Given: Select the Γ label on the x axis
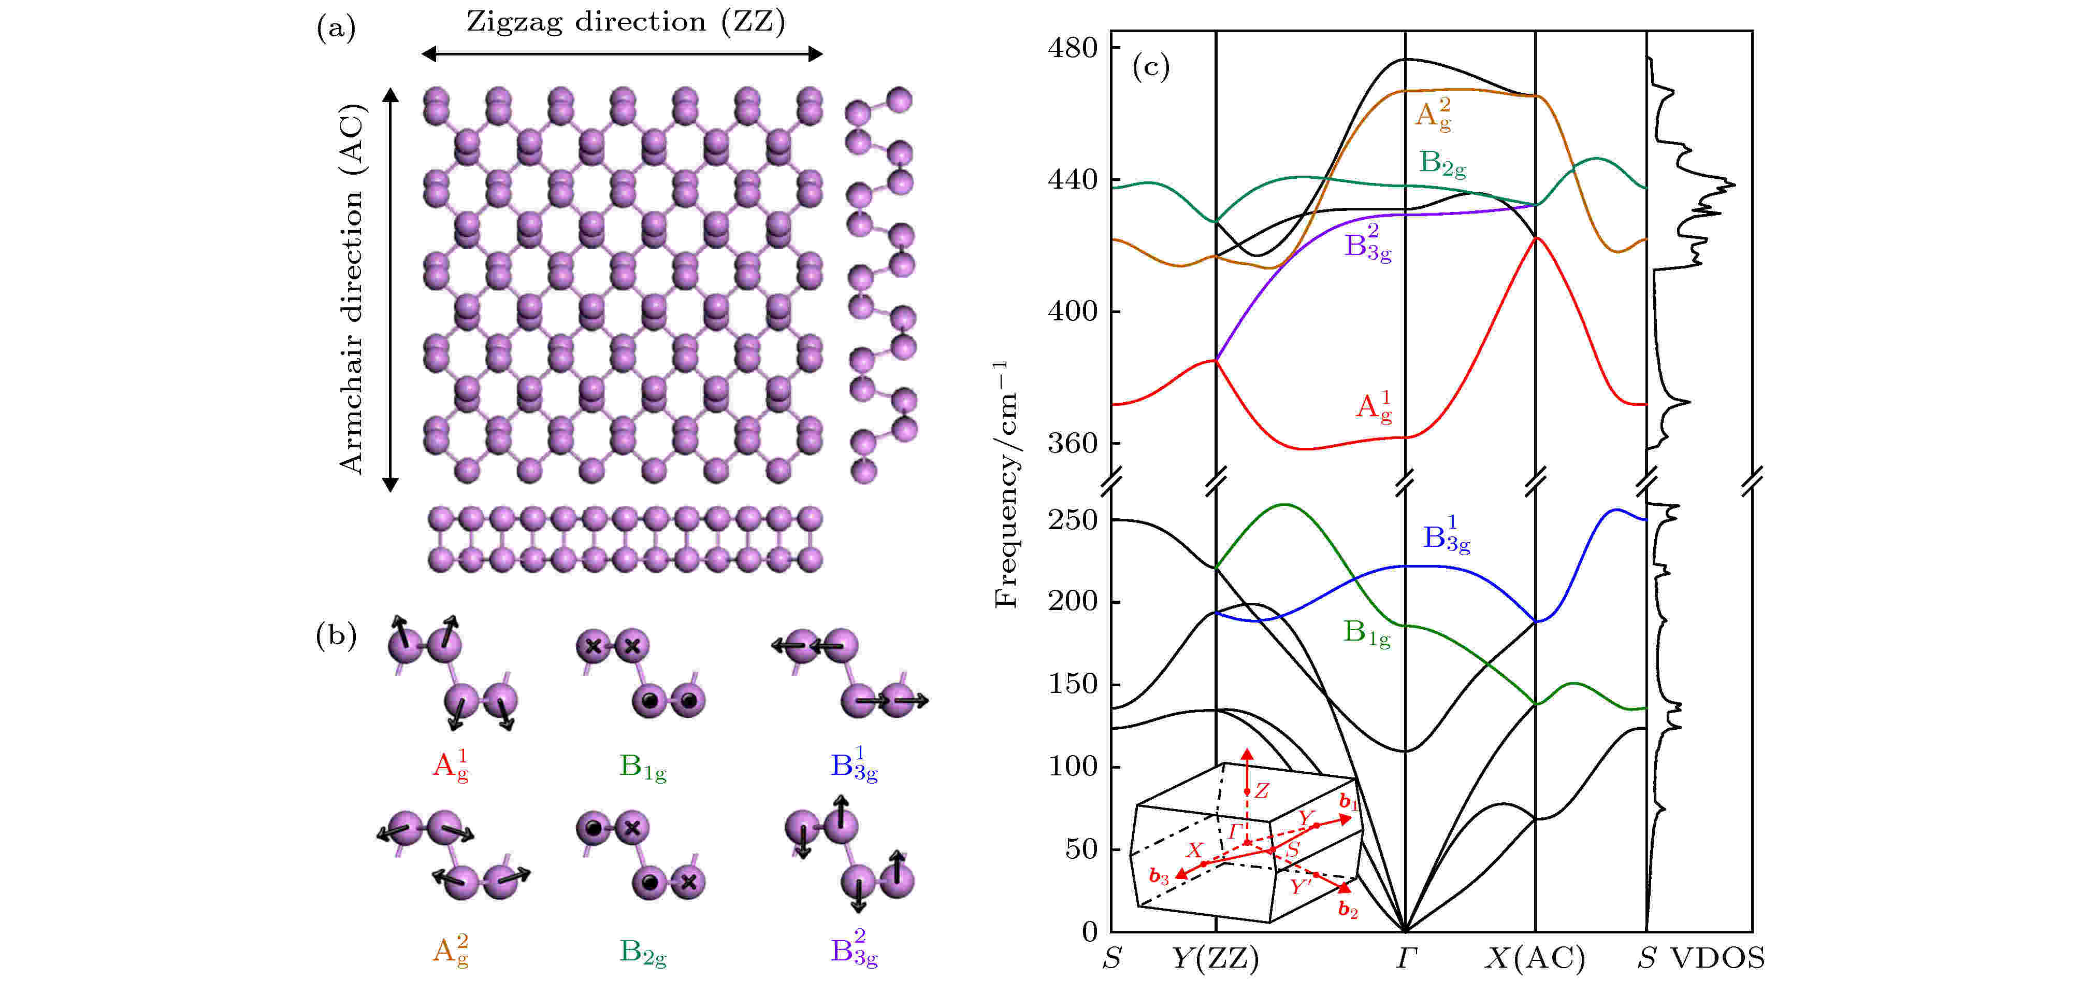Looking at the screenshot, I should click(1406, 958).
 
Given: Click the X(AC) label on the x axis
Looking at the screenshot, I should click(1536, 958).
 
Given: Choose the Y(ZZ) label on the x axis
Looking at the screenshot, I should click(1215, 958).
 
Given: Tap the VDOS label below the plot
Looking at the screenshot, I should click(1717, 958).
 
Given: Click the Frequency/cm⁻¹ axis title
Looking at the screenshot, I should click(1005, 485).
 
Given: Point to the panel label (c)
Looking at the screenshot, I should click(1151, 66).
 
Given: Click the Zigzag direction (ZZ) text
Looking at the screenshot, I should click(626, 22).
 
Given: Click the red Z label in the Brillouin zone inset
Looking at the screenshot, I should click(1261, 791).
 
